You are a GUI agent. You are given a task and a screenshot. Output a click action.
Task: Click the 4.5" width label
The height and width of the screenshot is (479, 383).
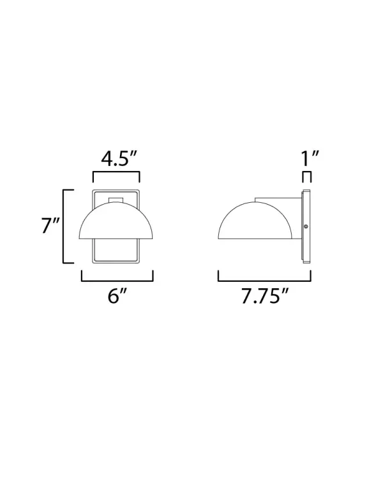click(116, 159)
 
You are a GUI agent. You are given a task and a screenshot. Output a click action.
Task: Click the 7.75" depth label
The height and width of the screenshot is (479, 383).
click(264, 297)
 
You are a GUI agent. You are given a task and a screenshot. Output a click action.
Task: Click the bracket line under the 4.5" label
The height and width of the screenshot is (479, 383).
click(116, 172)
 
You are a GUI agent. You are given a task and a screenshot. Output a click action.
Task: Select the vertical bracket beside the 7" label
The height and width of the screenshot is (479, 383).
click(63, 226)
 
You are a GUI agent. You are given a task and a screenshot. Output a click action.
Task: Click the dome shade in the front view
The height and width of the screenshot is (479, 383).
click(117, 223)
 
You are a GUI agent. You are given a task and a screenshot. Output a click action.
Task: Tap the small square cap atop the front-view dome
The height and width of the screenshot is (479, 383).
click(116, 202)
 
